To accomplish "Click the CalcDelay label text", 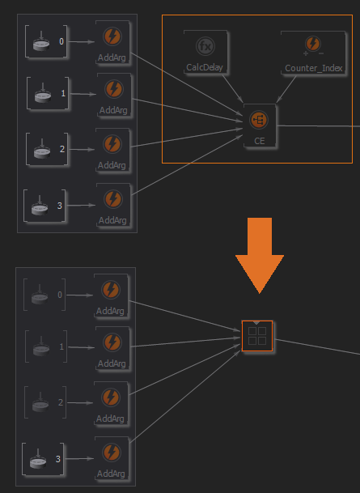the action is pyautogui.click(x=205, y=67).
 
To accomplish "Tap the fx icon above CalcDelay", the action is pyautogui.click(x=205, y=46).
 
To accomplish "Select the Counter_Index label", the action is pyautogui.click(x=314, y=68).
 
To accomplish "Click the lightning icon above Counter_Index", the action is pyautogui.click(x=313, y=44).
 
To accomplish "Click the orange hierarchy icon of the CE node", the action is pyautogui.click(x=259, y=120).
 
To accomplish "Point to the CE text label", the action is pyautogui.click(x=260, y=141).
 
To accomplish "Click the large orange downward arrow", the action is pyautogui.click(x=260, y=255).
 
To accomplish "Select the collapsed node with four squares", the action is pyautogui.click(x=257, y=336).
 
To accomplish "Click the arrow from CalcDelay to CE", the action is pyautogui.click(x=233, y=89).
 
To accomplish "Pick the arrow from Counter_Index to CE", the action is pyautogui.click(x=286, y=89).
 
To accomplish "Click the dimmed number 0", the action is pyautogui.click(x=60, y=295).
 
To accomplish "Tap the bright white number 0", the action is pyautogui.click(x=61, y=41).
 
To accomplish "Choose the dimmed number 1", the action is pyautogui.click(x=61, y=346).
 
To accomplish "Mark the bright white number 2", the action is pyautogui.click(x=62, y=149).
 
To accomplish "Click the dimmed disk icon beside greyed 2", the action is pyautogui.click(x=40, y=402).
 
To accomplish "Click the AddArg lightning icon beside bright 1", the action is pyautogui.click(x=114, y=89).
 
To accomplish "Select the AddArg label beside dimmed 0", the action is pyautogui.click(x=110, y=312).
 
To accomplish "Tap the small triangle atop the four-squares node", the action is pyautogui.click(x=256, y=323).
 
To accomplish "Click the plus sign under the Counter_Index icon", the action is pyautogui.click(x=306, y=53).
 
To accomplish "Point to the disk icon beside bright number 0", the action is pyautogui.click(x=41, y=40).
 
